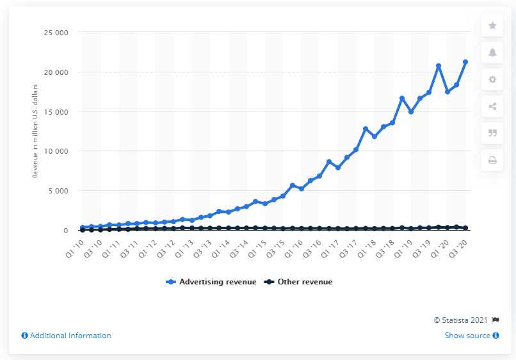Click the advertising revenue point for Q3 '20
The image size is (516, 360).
pos(465,62)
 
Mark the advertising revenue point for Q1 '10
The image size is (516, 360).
pos(83,227)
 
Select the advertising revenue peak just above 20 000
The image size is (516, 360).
pos(439,66)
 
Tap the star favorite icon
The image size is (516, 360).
pos(492,25)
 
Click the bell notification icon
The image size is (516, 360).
pos(492,53)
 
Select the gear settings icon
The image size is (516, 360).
pos(492,79)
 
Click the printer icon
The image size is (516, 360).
pos(492,160)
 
